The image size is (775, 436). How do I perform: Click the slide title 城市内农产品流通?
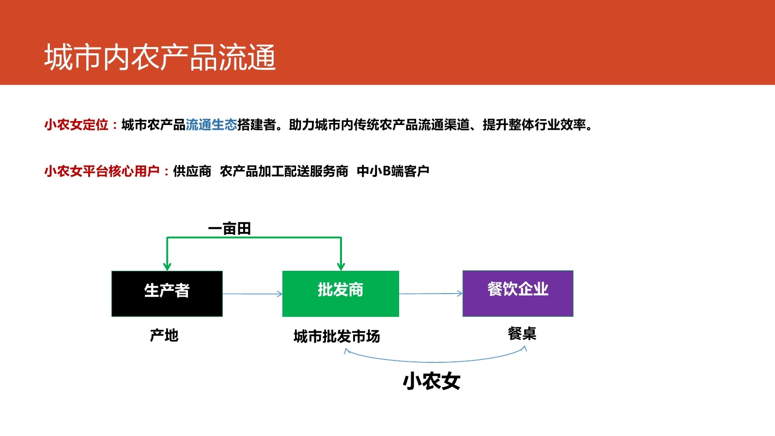pos(160,57)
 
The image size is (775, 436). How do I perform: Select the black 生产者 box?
pos(167,294)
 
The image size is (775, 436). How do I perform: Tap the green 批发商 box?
pos(341,294)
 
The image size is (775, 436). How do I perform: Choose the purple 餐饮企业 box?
pos(518,293)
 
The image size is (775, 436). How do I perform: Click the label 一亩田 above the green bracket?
pos(229,229)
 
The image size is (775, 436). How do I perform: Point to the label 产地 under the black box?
pos(164,335)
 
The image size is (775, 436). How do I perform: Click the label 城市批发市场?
pos(337,336)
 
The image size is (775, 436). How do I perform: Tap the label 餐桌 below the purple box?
pos(522,333)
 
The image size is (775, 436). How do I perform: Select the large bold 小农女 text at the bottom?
pos(432,381)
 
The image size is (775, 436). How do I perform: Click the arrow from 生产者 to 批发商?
pos(252,294)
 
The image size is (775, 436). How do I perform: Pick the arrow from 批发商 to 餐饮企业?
pos(431,294)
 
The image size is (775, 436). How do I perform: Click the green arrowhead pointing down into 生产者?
pos(167,266)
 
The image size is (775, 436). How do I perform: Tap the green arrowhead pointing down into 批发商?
pos(341,266)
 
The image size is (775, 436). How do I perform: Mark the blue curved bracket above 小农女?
pos(436,361)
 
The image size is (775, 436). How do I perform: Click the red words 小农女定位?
pos(77,125)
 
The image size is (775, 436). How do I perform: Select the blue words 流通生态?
pos(211,125)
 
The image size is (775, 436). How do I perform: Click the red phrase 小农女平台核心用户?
pos(102,171)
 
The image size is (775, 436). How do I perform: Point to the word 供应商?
pos(192,171)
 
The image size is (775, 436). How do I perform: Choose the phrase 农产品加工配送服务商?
pos(284,171)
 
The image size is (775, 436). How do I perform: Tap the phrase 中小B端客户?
pos(393,171)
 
